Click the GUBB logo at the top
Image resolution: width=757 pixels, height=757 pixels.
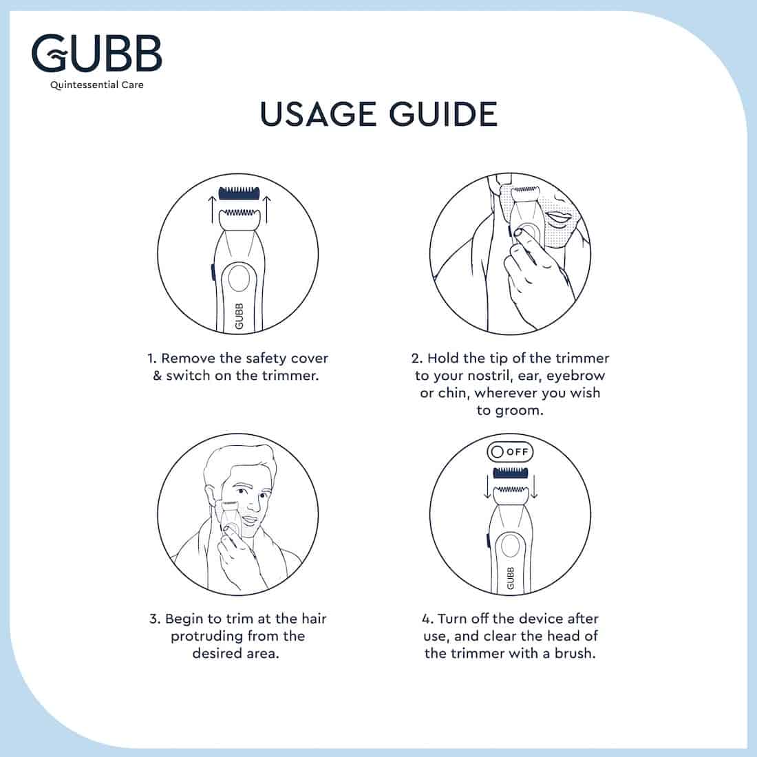96,53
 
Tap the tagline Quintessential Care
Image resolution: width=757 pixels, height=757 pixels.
97,85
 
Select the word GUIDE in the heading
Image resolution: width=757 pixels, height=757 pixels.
443,114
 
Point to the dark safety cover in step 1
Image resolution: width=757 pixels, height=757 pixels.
239,193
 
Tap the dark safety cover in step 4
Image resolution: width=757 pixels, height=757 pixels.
511,472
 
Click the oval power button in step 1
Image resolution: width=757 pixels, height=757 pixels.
239,279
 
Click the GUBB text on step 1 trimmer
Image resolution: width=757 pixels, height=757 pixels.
239,317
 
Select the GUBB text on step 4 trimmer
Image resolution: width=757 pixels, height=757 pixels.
511,578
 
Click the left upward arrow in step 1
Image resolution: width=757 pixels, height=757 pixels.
211,209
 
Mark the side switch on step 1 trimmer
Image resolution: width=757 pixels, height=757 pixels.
212,272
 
